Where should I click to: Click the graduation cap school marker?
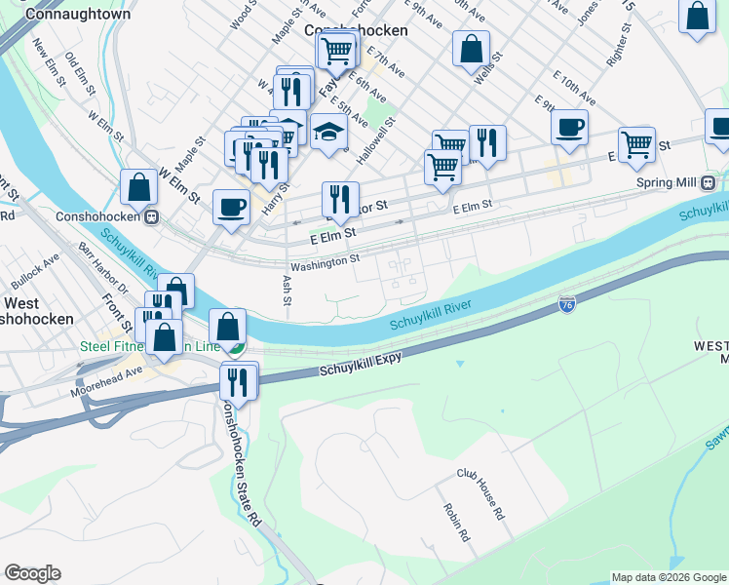(x=329, y=132)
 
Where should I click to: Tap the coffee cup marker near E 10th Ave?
(x=569, y=126)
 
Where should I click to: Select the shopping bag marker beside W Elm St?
(x=138, y=186)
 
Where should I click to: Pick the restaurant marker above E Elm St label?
(x=340, y=199)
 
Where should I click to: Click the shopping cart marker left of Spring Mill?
(x=636, y=143)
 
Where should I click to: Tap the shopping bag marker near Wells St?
(x=471, y=47)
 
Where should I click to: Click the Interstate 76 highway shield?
(x=567, y=304)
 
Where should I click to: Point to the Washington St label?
(x=325, y=260)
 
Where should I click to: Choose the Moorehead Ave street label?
(x=106, y=380)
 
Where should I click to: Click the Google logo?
(x=32, y=573)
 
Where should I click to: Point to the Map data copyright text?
(x=668, y=577)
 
